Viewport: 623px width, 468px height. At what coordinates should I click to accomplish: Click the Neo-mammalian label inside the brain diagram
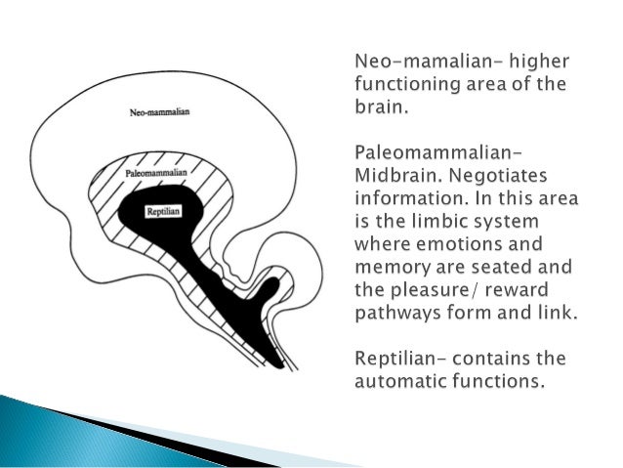[159, 111]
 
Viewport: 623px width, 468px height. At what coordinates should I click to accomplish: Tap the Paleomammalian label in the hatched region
[156, 173]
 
